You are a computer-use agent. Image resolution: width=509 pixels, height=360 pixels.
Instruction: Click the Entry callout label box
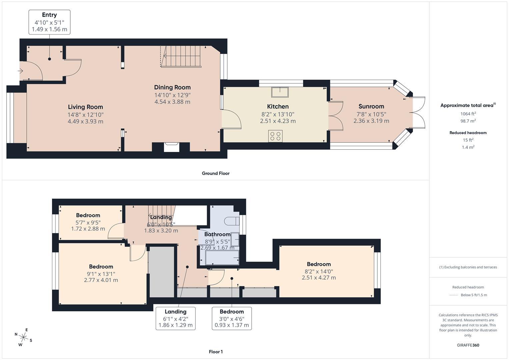[49, 22]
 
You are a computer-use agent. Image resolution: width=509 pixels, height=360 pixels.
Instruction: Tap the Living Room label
[85, 107]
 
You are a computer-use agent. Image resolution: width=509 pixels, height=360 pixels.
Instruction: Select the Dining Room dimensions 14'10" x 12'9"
[172, 95]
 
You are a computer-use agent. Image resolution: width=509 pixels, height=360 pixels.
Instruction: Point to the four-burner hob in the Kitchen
[275, 136]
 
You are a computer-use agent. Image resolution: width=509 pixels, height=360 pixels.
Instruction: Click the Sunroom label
[371, 106]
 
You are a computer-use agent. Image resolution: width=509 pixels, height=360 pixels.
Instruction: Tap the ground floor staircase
[181, 56]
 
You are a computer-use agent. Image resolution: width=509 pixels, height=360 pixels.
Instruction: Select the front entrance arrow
[20, 71]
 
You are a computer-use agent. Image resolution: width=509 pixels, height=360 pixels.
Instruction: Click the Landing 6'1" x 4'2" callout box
[175, 318]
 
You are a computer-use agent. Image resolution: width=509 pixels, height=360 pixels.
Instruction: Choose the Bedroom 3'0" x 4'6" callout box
[232, 318]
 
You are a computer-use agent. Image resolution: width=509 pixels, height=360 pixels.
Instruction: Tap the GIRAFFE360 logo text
[468, 345]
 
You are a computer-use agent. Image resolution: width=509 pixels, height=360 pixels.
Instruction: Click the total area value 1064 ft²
[468, 114]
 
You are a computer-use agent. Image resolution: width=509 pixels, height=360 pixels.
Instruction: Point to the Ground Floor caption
[216, 173]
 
